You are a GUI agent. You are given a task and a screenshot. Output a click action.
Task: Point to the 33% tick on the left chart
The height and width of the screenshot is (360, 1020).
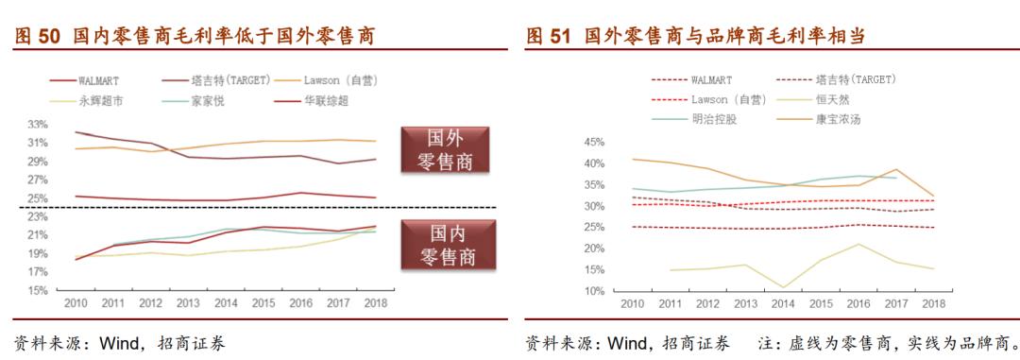point(38,125)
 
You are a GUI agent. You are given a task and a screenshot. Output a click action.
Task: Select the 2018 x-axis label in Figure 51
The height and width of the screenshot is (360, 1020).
point(933,304)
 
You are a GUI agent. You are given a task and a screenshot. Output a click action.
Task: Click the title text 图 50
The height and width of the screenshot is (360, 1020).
point(38,37)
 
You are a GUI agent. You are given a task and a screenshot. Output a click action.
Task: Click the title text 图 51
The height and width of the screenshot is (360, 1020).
point(549,37)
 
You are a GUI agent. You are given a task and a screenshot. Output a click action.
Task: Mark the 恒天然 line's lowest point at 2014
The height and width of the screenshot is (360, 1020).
point(783,287)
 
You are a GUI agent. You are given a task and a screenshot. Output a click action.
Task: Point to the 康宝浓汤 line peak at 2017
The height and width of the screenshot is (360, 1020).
point(895,170)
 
